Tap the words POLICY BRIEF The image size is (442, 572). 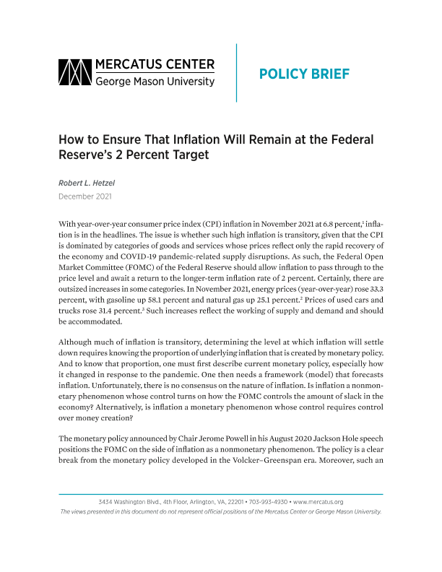click(x=303, y=74)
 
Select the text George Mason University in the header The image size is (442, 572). click(x=155, y=82)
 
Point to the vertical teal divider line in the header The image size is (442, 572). click(x=236, y=73)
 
